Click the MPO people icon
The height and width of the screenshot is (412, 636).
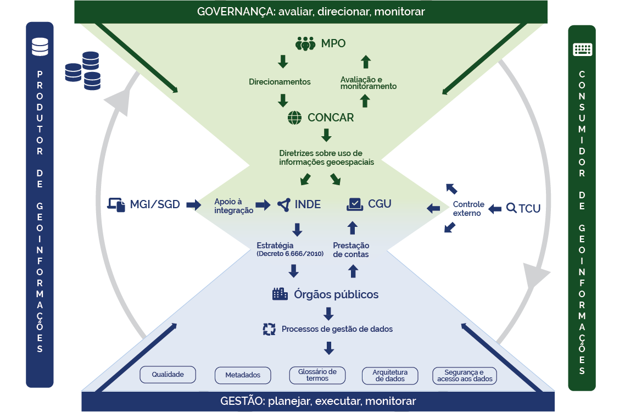(305, 43)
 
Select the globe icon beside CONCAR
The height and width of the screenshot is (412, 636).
(295, 118)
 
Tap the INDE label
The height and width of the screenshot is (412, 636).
(308, 204)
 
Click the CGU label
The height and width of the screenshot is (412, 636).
(380, 204)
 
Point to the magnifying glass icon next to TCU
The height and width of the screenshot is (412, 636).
(511, 208)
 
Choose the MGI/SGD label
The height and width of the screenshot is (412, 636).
(155, 205)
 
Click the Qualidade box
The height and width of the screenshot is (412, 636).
(168, 374)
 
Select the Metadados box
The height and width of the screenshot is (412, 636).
(242, 375)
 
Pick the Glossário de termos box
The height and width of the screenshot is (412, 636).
(317, 375)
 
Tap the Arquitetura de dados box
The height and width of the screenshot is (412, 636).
(390, 376)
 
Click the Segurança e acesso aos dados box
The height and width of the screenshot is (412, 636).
(465, 376)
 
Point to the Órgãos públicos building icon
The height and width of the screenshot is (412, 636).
(280, 294)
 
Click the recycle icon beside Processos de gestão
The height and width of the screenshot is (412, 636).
(269, 329)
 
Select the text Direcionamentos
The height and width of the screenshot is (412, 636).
(280, 82)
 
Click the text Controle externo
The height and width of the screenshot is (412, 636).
(467, 209)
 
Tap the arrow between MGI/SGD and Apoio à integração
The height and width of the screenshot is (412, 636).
(194, 205)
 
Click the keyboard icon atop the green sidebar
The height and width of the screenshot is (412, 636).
(582, 49)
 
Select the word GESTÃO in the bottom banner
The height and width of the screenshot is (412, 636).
(239, 401)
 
